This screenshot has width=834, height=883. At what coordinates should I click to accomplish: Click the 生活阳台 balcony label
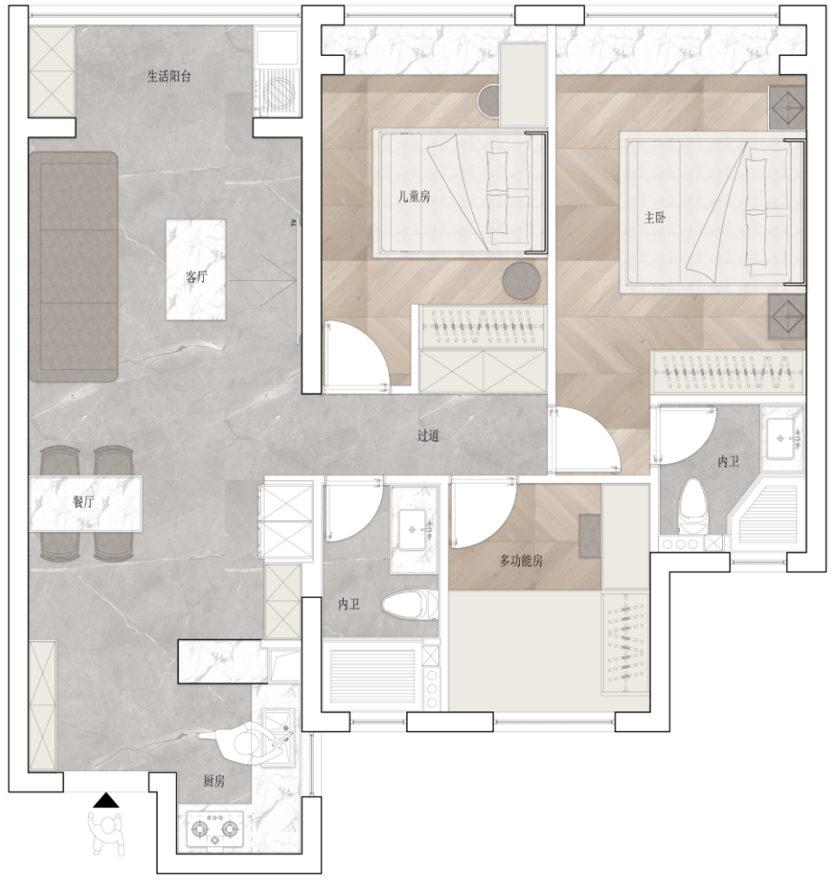click(x=169, y=76)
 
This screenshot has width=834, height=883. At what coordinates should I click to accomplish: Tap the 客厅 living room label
click(x=197, y=276)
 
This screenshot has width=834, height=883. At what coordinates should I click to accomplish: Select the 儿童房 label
click(x=414, y=196)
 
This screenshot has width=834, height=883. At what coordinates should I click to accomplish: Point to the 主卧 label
click(x=655, y=218)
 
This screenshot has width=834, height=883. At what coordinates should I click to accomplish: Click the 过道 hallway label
click(x=428, y=435)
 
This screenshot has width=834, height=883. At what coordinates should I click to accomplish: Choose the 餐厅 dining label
click(x=83, y=502)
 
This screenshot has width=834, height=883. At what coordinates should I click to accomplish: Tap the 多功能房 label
click(x=522, y=561)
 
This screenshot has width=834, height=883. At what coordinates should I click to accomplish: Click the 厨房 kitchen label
click(x=214, y=781)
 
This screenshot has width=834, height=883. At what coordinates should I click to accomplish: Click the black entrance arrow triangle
click(x=106, y=800)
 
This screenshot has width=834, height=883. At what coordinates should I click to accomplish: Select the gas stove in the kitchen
click(x=215, y=829)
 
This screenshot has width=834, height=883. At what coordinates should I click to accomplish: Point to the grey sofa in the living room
click(x=74, y=266)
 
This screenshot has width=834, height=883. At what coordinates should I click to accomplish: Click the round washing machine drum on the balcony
click(x=279, y=94)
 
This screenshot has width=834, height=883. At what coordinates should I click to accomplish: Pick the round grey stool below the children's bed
click(x=522, y=280)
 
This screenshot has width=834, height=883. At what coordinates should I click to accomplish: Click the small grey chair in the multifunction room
click(x=589, y=535)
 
